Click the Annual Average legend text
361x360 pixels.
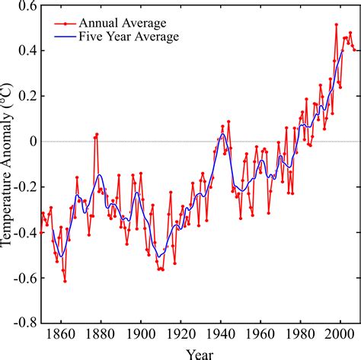pos(128,23)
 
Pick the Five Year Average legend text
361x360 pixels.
pos(133,37)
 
